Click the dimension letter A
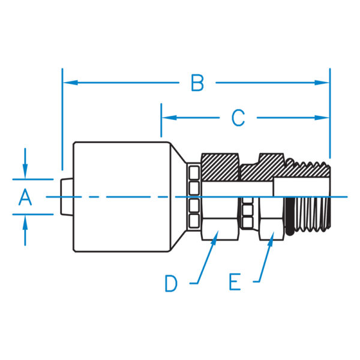pyautogui.click(x=25, y=197)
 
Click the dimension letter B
pyautogui.click(x=197, y=83)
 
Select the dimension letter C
pyautogui.click(x=238, y=118)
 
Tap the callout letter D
pyautogui.click(x=171, y=284)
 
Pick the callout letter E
pyautogui.click(x=235, y=282)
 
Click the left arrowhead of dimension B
pyautogui.click(x=70, y=82)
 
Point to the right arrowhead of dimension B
pyautogui.click(x=322, y=82)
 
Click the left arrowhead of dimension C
pyautogui.click(x=169, y=118)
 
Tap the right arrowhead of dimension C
pyautogui.click(x=322, y=118)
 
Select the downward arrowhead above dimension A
pyautogui.click(x=25, y=171)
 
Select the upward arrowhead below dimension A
pyautogui.click(x=25, y=223)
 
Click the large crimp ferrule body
pyautogui.click(x=122, y=197)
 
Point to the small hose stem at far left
pyautogui.click(x=67, y=197)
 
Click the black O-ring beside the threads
pyautogui.click(x=290, y=216)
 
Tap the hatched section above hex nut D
pyautogui.click(x=220, y=167)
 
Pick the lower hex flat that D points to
pyautogui.click(x=220, y=230)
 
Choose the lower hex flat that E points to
pyautogui.click(x=272, y=230)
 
